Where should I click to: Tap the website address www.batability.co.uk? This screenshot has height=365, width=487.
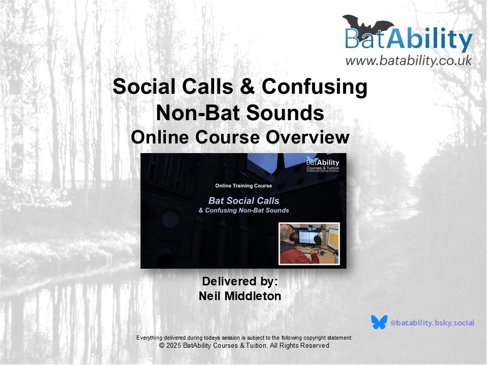[409, 60]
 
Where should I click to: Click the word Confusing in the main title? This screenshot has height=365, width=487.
[315, 86]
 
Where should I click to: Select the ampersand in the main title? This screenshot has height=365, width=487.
[247, 86]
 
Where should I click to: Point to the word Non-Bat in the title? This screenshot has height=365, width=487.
[198, 113]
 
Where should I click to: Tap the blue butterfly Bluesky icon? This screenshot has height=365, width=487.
[379, 322]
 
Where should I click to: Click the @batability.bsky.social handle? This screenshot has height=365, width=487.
[432, 323]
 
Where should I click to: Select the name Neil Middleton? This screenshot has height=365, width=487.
[240, 296]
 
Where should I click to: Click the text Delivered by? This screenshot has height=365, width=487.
[240, 281]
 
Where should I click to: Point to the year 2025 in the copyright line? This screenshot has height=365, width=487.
[173, 345]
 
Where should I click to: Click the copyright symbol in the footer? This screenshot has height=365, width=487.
[161, 345]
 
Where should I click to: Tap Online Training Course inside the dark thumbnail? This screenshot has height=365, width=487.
[243, 186]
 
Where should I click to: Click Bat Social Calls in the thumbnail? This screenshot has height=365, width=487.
[244, 201]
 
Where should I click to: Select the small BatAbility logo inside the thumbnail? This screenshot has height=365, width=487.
[323, 164]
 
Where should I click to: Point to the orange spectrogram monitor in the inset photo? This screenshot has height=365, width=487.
[333, 238]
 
